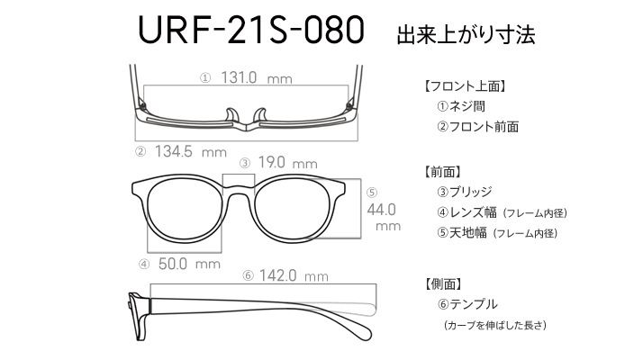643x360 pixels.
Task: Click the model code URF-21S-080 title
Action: [251, 31]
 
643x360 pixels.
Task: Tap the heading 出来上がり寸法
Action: [466, 35]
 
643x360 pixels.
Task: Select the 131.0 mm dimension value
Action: [257, 77]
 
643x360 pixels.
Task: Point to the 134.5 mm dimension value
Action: [191, 152]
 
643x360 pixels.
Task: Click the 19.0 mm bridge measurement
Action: [287, 163]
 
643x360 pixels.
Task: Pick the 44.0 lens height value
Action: [381, 210]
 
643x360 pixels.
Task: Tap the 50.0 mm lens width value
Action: [189, 264]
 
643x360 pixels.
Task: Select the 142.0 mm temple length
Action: [294, 275]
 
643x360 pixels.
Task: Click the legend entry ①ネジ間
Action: [461, 106]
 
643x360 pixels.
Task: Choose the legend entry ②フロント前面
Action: [477, 127]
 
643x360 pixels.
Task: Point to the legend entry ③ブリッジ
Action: [464, 192]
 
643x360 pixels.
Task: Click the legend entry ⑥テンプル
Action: [467, 304]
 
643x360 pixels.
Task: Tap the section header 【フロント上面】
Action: [464, 86]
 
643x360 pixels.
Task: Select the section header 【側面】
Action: [444, 283]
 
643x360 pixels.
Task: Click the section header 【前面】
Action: [443, 172]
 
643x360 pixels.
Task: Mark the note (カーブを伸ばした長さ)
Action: [495, 326]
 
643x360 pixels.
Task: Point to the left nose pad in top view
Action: [231, 115]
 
